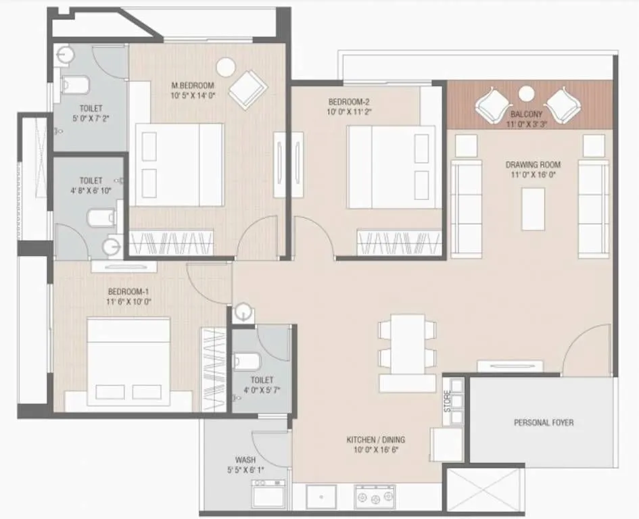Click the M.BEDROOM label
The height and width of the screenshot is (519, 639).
(x=193, y=85)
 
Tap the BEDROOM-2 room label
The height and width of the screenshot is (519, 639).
(x=348, y=102)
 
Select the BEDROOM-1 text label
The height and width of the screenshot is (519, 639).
(x=128, y=292)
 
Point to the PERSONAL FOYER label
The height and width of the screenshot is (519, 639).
(x=543, y=423)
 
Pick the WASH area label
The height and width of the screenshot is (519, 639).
(x=245, y=460)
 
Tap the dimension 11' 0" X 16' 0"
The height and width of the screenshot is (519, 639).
(x=533, y=175)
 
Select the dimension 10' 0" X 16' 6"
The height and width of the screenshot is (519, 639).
(x=376, y=450)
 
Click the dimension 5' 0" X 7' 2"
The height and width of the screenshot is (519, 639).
(x=91, y=118)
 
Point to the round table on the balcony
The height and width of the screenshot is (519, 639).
(x=525, y=93)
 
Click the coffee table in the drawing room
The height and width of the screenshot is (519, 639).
(x=533, y=209)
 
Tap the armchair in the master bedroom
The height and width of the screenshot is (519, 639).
(x=247, y=89)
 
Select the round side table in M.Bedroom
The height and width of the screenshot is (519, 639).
(x=225, y=67)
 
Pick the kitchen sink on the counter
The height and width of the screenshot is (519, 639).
(x=321, y=497)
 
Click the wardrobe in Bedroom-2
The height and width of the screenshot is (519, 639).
(x=400, y=241)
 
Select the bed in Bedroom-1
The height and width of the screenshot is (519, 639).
(x=128, y=365)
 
